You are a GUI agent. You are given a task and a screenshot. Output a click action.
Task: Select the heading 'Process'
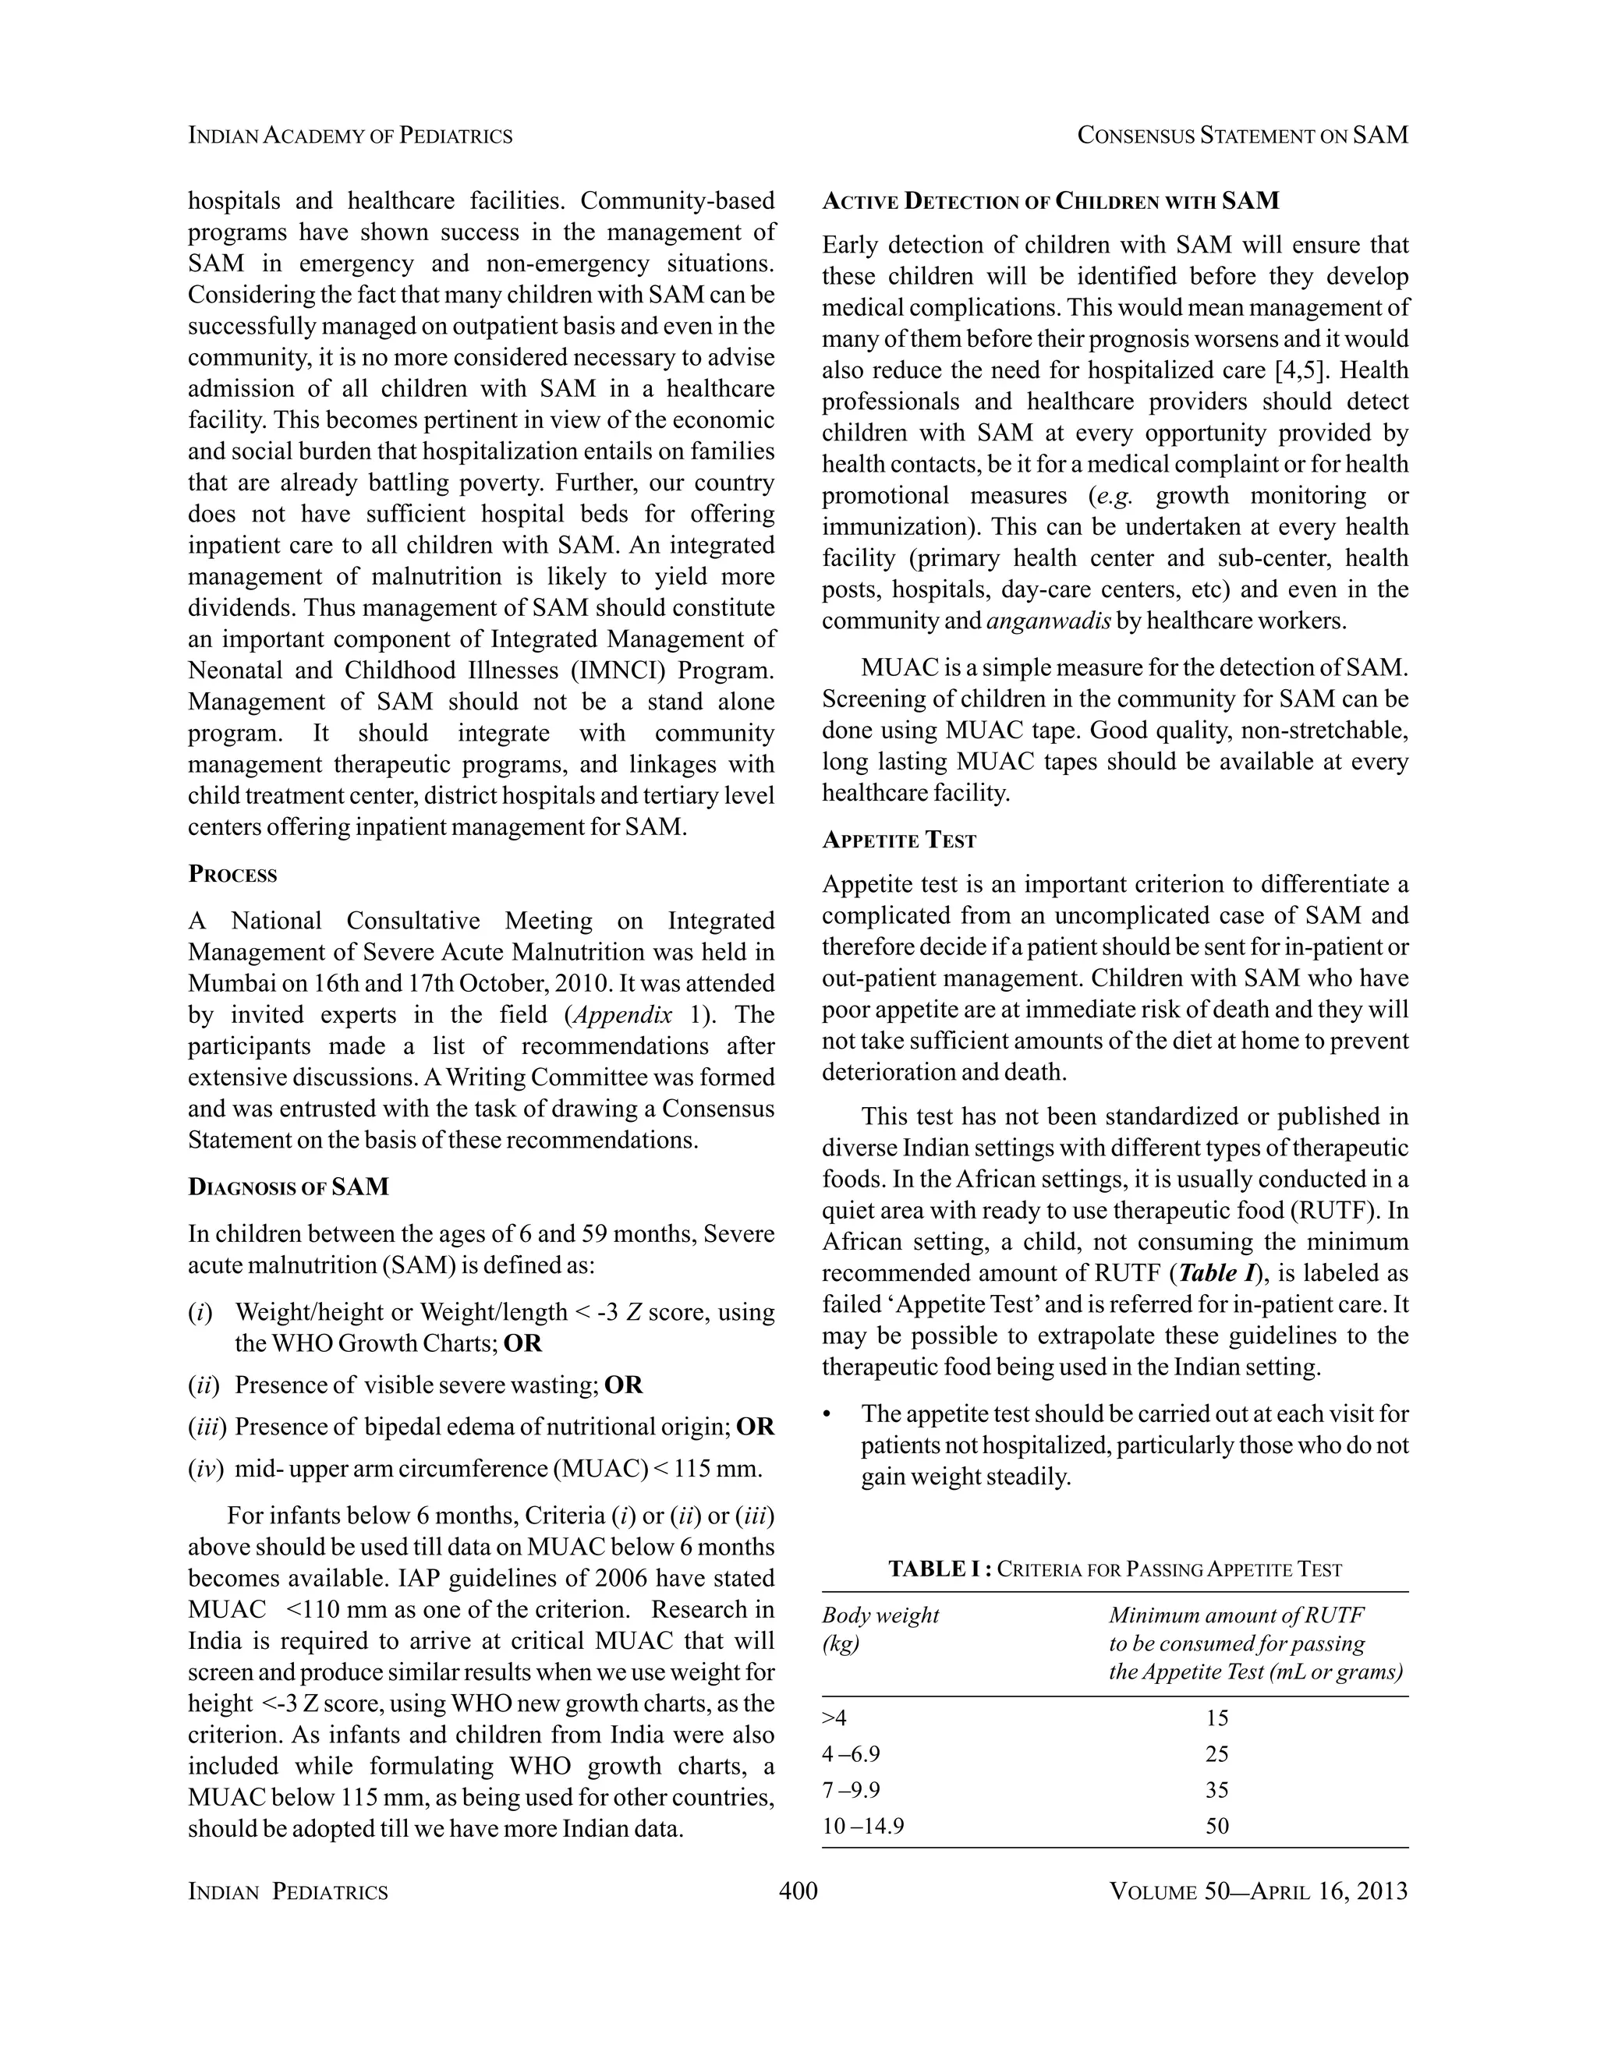232,874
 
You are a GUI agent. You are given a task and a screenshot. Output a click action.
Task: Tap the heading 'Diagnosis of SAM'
289,1187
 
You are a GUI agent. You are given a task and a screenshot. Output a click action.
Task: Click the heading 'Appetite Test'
899,840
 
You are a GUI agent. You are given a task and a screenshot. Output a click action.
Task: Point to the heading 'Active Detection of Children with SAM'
1050,201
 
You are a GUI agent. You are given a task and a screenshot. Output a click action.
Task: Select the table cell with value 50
1216,1827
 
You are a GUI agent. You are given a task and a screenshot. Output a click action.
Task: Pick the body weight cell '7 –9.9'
851,1791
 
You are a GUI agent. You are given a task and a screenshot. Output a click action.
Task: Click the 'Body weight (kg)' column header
880,1629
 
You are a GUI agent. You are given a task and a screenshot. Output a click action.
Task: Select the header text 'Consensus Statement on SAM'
1242,136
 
